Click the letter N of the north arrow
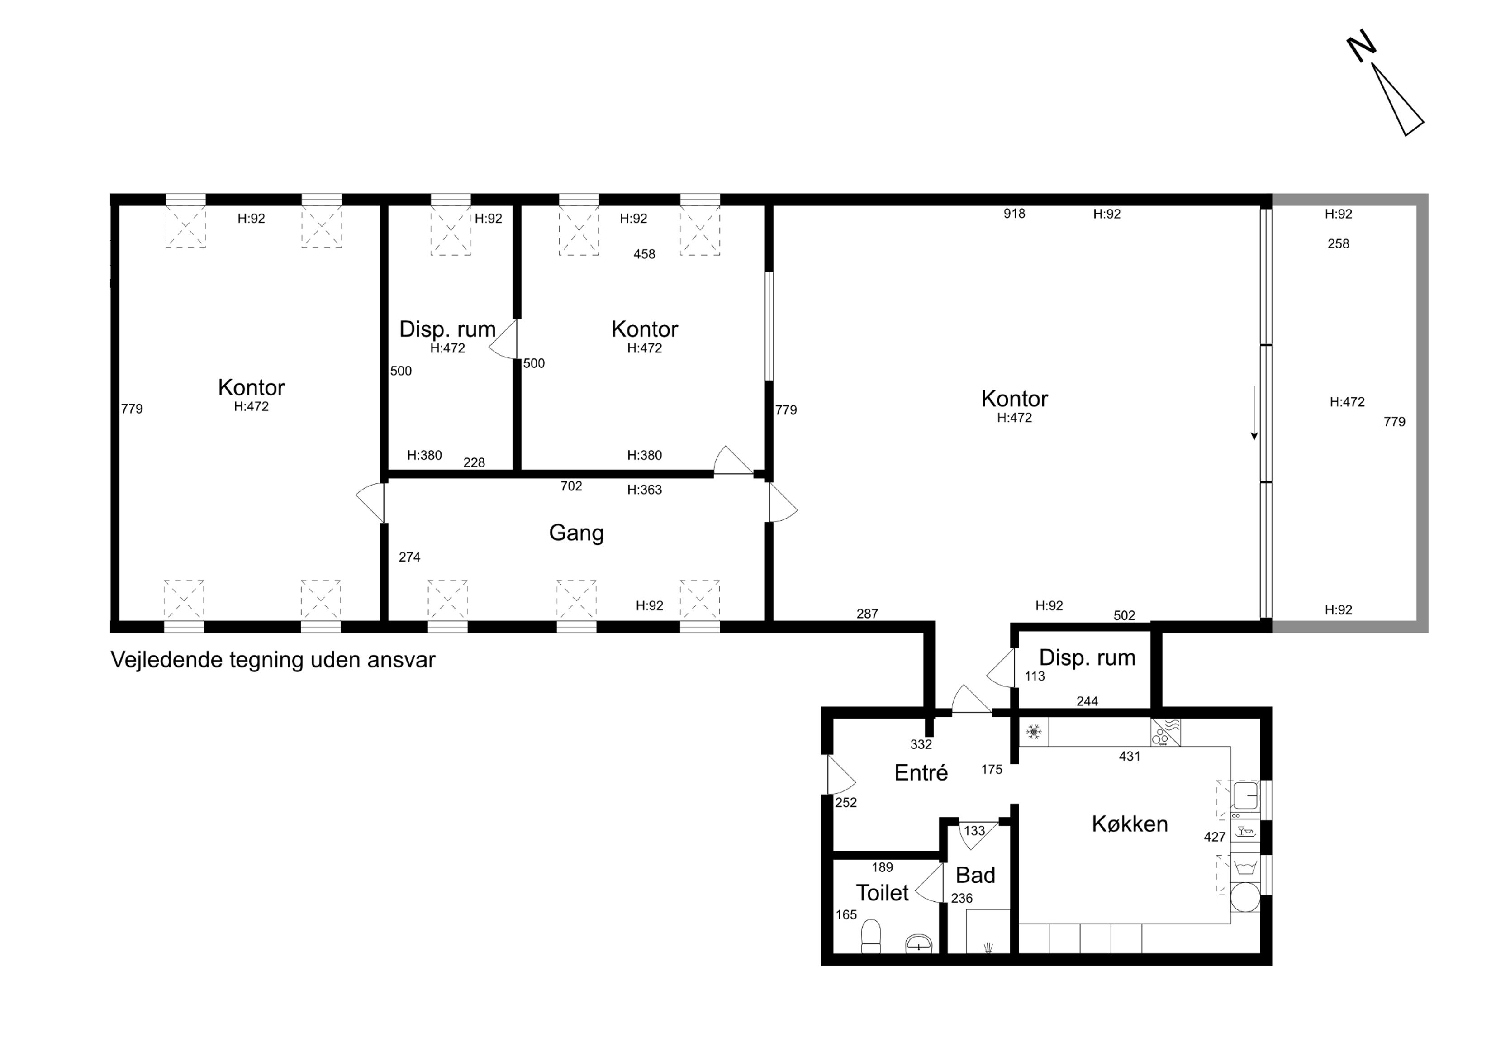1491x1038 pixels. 1361,49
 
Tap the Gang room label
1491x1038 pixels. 576,533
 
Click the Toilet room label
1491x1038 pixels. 882,893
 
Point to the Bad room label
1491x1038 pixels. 975,875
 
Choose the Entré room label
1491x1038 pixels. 921,772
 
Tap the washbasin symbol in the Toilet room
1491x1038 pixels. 919,943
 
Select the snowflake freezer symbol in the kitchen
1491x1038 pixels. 1034,732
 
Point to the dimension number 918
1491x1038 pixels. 1014,213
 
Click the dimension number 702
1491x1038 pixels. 571,486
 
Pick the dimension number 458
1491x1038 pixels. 644,254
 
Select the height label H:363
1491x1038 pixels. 644,490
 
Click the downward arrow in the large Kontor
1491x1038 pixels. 1254,413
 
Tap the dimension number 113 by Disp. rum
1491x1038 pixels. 1035,676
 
